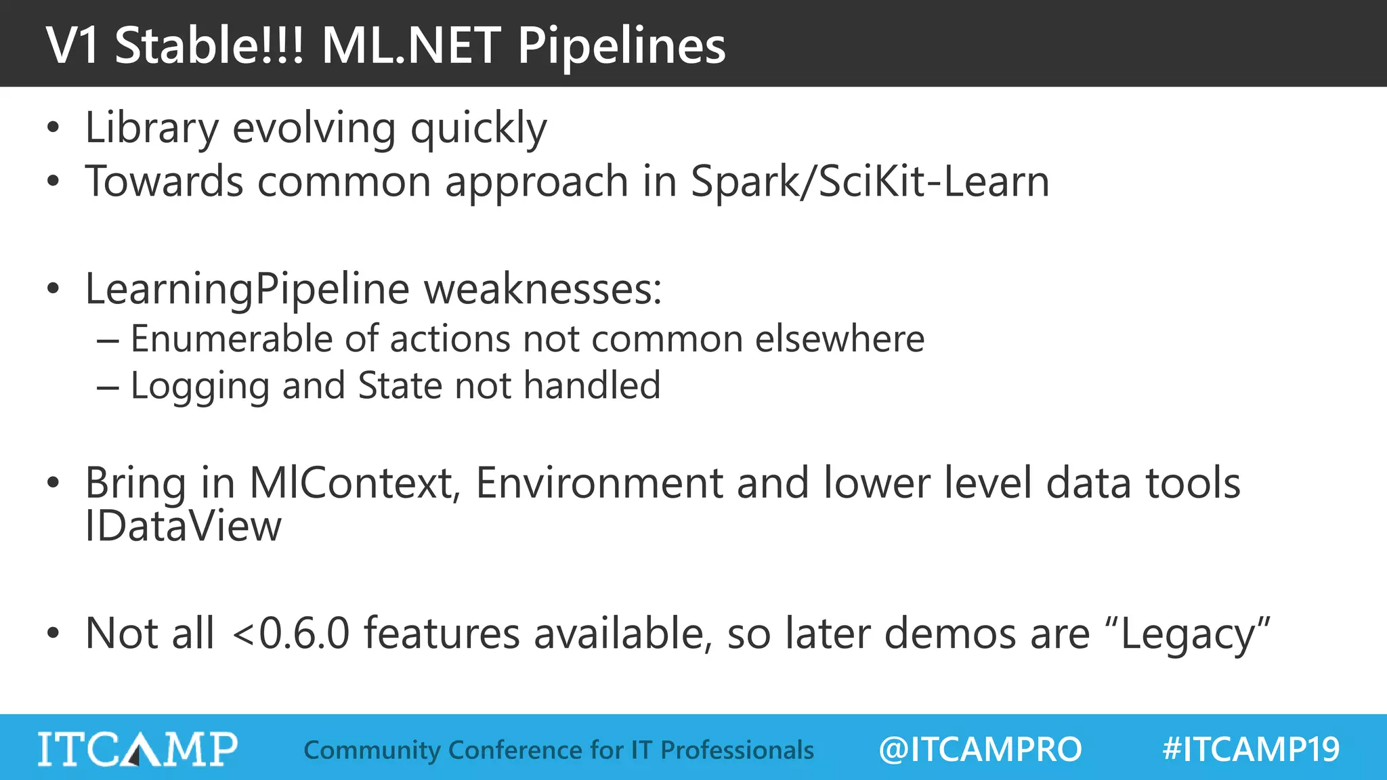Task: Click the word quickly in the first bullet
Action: pos(478,129)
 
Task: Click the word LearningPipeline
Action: pos(247,290)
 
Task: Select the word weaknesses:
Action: pos(542,290)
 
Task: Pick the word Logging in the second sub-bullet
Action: pos(200,386)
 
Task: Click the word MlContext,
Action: pos(355,483)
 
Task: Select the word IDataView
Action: pos(183,527)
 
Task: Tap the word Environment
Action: pos(599,483)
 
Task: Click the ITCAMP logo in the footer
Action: pos(137,749)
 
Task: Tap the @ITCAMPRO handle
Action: pos(980,750)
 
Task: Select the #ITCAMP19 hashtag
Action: pos(1250,750)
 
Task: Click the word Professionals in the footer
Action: pos(737,750)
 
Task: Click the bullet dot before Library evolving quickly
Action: pos(54,128)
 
